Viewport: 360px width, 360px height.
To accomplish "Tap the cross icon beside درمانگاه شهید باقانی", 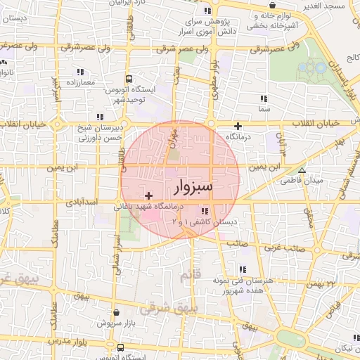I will (148, 195).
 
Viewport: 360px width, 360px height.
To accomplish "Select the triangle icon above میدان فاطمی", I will (302, 170).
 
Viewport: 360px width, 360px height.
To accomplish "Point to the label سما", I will (264, 110).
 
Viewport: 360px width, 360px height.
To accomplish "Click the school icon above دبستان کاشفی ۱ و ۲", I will (205, 210).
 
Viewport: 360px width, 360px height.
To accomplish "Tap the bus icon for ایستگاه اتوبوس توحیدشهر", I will (128, 79).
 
